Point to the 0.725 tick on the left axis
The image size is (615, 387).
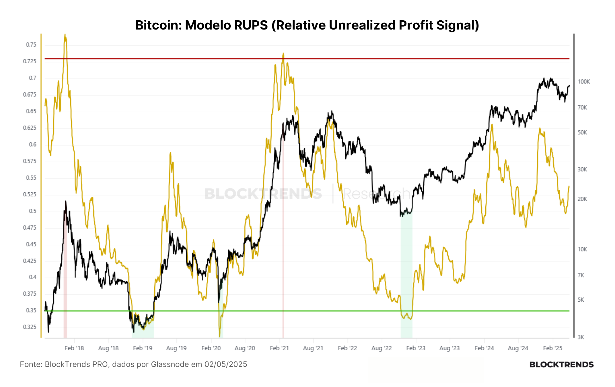pyautogui.click(x=30, y=61)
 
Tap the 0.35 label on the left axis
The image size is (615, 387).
pyautogui.click(x=31, y=310)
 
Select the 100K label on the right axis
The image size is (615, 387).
pyautogui.click(x=584, y=82)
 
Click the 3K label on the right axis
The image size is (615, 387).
pyautogui.click(x=581, y=337)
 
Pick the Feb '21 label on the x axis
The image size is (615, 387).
pyautogui.click(x=279, y=348)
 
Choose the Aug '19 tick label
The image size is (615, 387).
pyautogui.click(x=176, y=348)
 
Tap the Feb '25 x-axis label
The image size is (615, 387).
pyautogui.click(x=553, y=348)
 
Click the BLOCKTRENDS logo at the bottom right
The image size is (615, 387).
pyautogui.click(x=561, y=365)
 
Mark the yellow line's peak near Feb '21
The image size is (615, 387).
pyautogui.click(x=283, y=53)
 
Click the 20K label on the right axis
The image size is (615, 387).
pyautogui.click(x=582, y=199)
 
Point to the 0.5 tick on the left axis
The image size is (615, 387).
pyautogui.click(x=33, y=211)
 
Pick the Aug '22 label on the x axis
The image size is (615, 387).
pyautogui.click(x=382, y=348)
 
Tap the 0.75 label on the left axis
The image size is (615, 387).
pyautogui.click(x=31, y=45)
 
